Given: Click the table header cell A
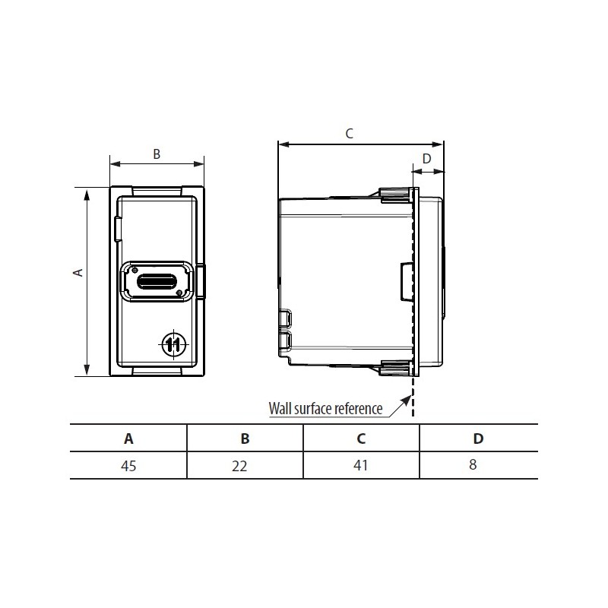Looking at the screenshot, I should point(128,439).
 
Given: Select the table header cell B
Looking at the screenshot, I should point(245,439).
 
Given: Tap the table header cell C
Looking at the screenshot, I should point(361,439).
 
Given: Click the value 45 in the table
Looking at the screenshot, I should point(128,465).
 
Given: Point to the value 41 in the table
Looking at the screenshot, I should point(361,465).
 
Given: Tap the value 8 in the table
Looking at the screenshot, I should point(473,465).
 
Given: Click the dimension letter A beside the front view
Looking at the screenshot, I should point(78,272).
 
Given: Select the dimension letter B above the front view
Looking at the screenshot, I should point(157,154).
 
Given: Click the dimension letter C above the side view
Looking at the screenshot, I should point(349,134).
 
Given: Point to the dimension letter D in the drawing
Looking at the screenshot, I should point(426,158).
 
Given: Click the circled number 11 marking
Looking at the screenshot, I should point(173,344).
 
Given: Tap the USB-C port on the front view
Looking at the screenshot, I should point(157,281).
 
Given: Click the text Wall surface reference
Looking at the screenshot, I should point(325,408).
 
